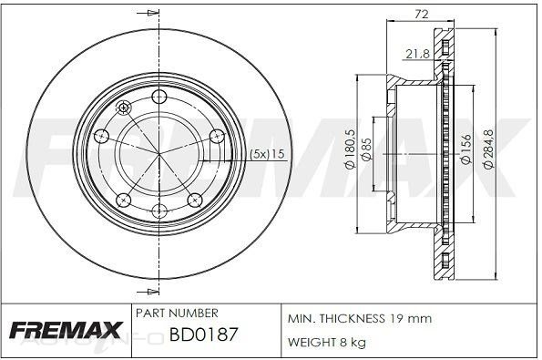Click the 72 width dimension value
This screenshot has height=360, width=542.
tap(422, 15)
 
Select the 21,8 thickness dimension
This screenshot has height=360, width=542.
tap(417, 54)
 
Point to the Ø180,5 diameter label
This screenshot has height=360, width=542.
tap(351, 149)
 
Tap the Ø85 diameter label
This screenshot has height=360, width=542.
tap(366, 149)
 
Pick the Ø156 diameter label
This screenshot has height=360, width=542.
tap(466, 149)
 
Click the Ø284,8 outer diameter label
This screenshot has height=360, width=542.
tap(489, 149)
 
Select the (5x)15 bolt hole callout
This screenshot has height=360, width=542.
tap(267, 154)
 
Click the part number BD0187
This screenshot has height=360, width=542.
tap(203, 334)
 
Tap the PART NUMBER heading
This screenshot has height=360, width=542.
tap(177, 313)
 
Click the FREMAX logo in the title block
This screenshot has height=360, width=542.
tap(66, 330)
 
